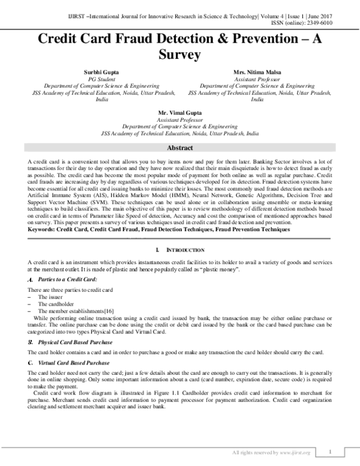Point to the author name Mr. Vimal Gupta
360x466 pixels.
click(x=180, y=113)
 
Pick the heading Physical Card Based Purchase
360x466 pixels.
click(x=74, y=342)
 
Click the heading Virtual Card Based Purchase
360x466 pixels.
click(x=73, y=363)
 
